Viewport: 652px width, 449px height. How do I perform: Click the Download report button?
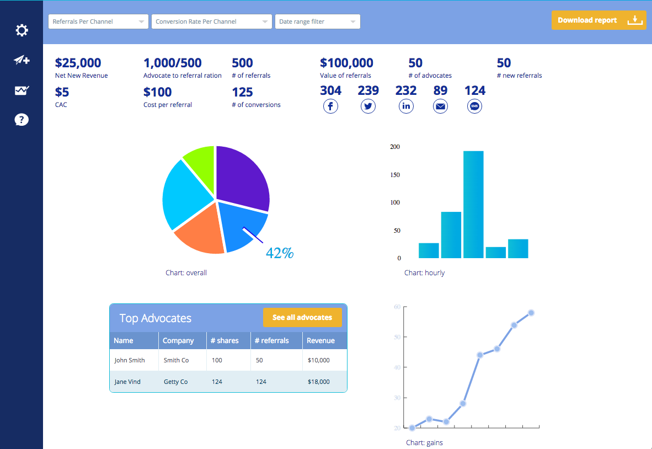tap(598, 20)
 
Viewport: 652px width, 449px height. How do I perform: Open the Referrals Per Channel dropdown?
tap(98, 22)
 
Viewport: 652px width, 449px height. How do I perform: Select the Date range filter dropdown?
tap(317, 22)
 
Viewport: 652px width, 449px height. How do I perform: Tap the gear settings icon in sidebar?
tap(22, 30)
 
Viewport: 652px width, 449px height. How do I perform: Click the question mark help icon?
tap(22, 120)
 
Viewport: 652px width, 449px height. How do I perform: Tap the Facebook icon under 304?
tap(330, 106)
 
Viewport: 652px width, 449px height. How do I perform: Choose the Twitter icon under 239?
tap(368, 106)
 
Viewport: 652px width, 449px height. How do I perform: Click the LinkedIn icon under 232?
tap(406, 106)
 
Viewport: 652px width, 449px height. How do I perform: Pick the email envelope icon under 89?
tap(440, 106)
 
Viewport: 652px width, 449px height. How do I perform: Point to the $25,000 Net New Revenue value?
tap(78, 63)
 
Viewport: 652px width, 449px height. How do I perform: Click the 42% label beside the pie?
tap(280, 253)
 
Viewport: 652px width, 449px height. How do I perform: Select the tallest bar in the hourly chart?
tap(473, 204)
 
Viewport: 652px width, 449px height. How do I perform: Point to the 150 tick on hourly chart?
tap(395, 175)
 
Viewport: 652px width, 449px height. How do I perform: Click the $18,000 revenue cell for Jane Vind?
tap(318, 382)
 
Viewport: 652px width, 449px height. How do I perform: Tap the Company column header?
tap(178, 340)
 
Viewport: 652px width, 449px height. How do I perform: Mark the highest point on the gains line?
tap(531, 313)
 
